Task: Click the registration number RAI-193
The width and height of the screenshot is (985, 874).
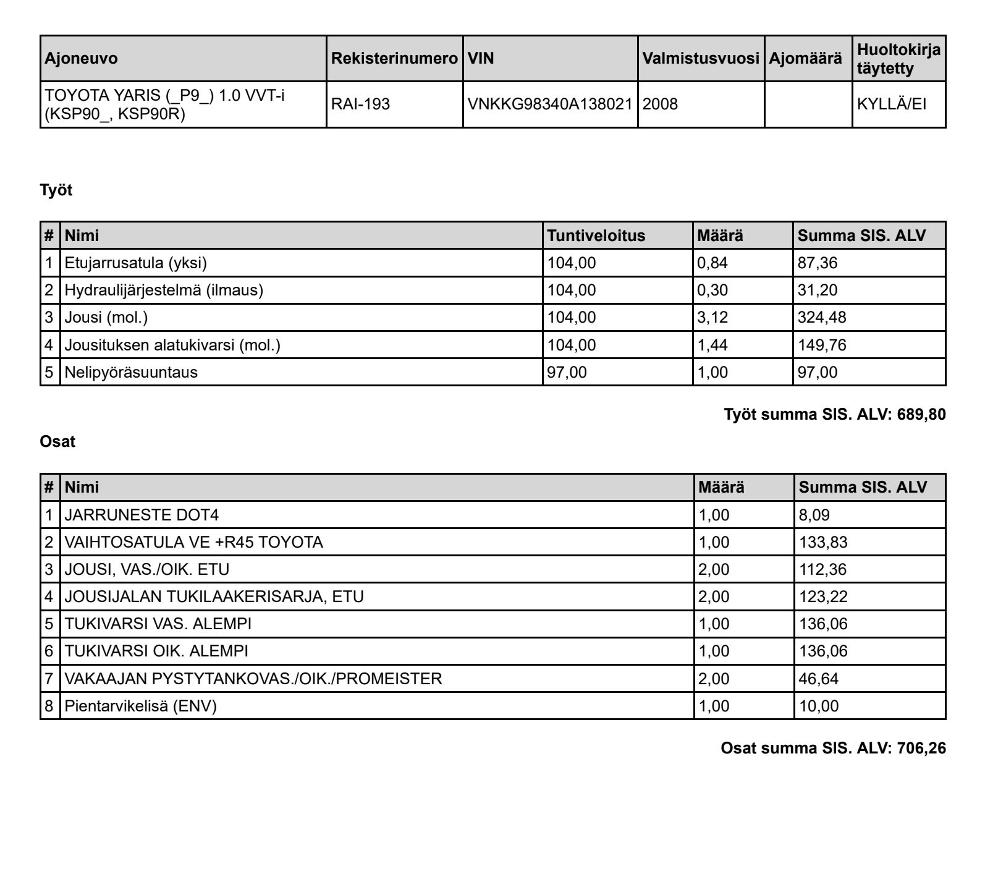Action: point(361,104)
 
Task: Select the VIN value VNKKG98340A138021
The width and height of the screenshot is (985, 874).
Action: point(550,104)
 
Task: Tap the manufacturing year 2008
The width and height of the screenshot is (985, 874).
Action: point(660,104)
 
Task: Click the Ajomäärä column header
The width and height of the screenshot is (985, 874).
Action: point(805,59)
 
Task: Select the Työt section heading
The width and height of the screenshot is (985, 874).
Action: point(56,190)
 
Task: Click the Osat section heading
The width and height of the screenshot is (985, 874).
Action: point(57,442)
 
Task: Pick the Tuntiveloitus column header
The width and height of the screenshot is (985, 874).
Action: point(596,236)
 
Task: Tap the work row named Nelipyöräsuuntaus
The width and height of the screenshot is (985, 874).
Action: point(131,373)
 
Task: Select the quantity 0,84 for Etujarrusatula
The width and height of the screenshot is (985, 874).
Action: point(712,263)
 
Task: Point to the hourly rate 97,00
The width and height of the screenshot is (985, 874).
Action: point(567,373)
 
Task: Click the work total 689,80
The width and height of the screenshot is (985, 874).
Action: point(921,415)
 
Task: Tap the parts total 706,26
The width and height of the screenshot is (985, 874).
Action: point(921,749)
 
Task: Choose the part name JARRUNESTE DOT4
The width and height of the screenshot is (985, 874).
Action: point(142,515)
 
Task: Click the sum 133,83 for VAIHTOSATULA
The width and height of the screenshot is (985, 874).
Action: point(823,543)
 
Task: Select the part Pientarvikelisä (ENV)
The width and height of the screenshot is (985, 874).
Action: point(141,706)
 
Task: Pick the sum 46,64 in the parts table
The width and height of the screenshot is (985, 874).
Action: point(819,679)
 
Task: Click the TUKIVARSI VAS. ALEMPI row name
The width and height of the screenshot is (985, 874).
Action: point(158,624)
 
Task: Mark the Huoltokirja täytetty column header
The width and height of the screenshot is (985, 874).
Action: point(898,59)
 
